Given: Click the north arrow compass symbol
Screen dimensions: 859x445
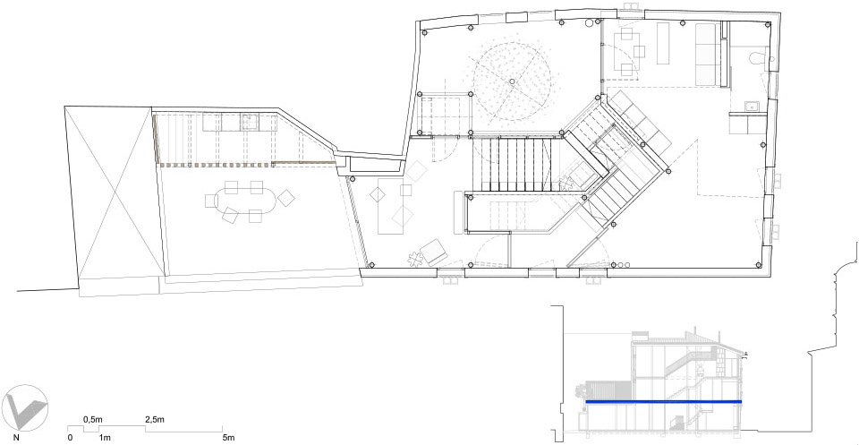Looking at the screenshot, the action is (25, 408).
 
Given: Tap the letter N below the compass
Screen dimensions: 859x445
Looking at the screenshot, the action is (17, 438).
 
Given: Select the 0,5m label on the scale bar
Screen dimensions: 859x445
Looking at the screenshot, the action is (92, 419).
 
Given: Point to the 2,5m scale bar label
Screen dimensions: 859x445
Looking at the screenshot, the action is (155, 419).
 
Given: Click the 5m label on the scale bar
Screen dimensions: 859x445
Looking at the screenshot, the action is (229, 438).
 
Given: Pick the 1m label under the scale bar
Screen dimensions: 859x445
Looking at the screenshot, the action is (105, 438).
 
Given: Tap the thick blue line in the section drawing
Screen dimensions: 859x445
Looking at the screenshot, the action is (663, 402).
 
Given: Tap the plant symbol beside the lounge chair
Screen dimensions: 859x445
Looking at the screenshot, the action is (414, 257).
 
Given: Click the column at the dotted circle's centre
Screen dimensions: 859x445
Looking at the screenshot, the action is (512, 81).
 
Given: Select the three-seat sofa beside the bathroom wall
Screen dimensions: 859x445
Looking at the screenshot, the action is (707, 54).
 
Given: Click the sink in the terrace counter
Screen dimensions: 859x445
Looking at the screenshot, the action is (250, 121).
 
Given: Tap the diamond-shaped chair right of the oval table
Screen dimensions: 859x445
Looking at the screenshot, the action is (286, 197).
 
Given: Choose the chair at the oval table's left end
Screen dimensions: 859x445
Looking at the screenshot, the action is (212, 201).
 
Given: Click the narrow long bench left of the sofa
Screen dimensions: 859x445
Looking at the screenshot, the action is (663, 43).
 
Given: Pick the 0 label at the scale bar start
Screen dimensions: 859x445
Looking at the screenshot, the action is (70, 438).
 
